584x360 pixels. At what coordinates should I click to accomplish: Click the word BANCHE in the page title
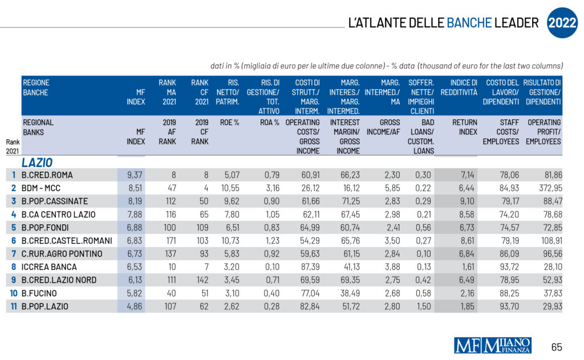tap(469, 23)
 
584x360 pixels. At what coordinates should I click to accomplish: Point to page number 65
tap(557, 346)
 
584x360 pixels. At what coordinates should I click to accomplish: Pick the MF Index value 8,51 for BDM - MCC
tap(135, 188)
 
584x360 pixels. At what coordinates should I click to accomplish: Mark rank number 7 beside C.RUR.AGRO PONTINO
tap(13, 253)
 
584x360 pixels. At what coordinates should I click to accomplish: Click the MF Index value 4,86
tap(135, 306)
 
